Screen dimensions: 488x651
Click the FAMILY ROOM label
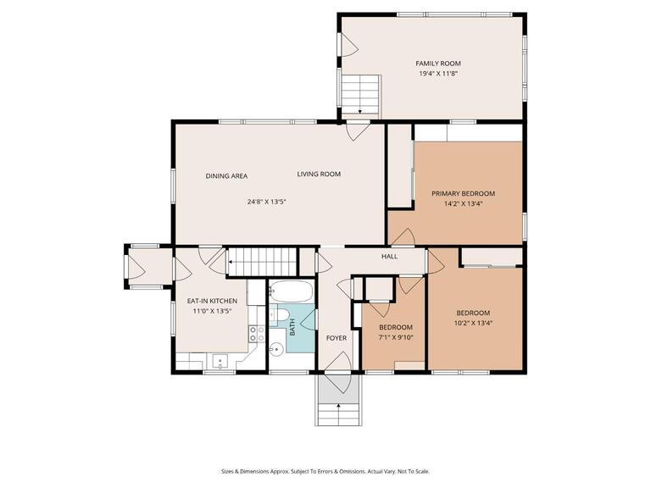438,64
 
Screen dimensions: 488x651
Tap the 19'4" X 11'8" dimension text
438,74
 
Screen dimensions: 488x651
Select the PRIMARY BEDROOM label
462,193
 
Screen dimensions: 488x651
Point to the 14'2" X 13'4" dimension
462,203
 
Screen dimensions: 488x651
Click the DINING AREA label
226,176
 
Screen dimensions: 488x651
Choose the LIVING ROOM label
319,175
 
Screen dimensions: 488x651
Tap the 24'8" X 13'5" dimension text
267,202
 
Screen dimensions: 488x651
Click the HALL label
389,256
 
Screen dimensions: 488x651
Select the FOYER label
336,338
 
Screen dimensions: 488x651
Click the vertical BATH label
292,327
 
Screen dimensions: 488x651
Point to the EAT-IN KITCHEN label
212,302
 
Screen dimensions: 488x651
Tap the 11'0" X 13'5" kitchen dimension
212,311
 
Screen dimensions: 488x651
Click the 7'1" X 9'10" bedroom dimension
395,337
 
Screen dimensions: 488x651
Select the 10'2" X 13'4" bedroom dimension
473,322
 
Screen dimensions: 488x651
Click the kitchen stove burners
254,332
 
